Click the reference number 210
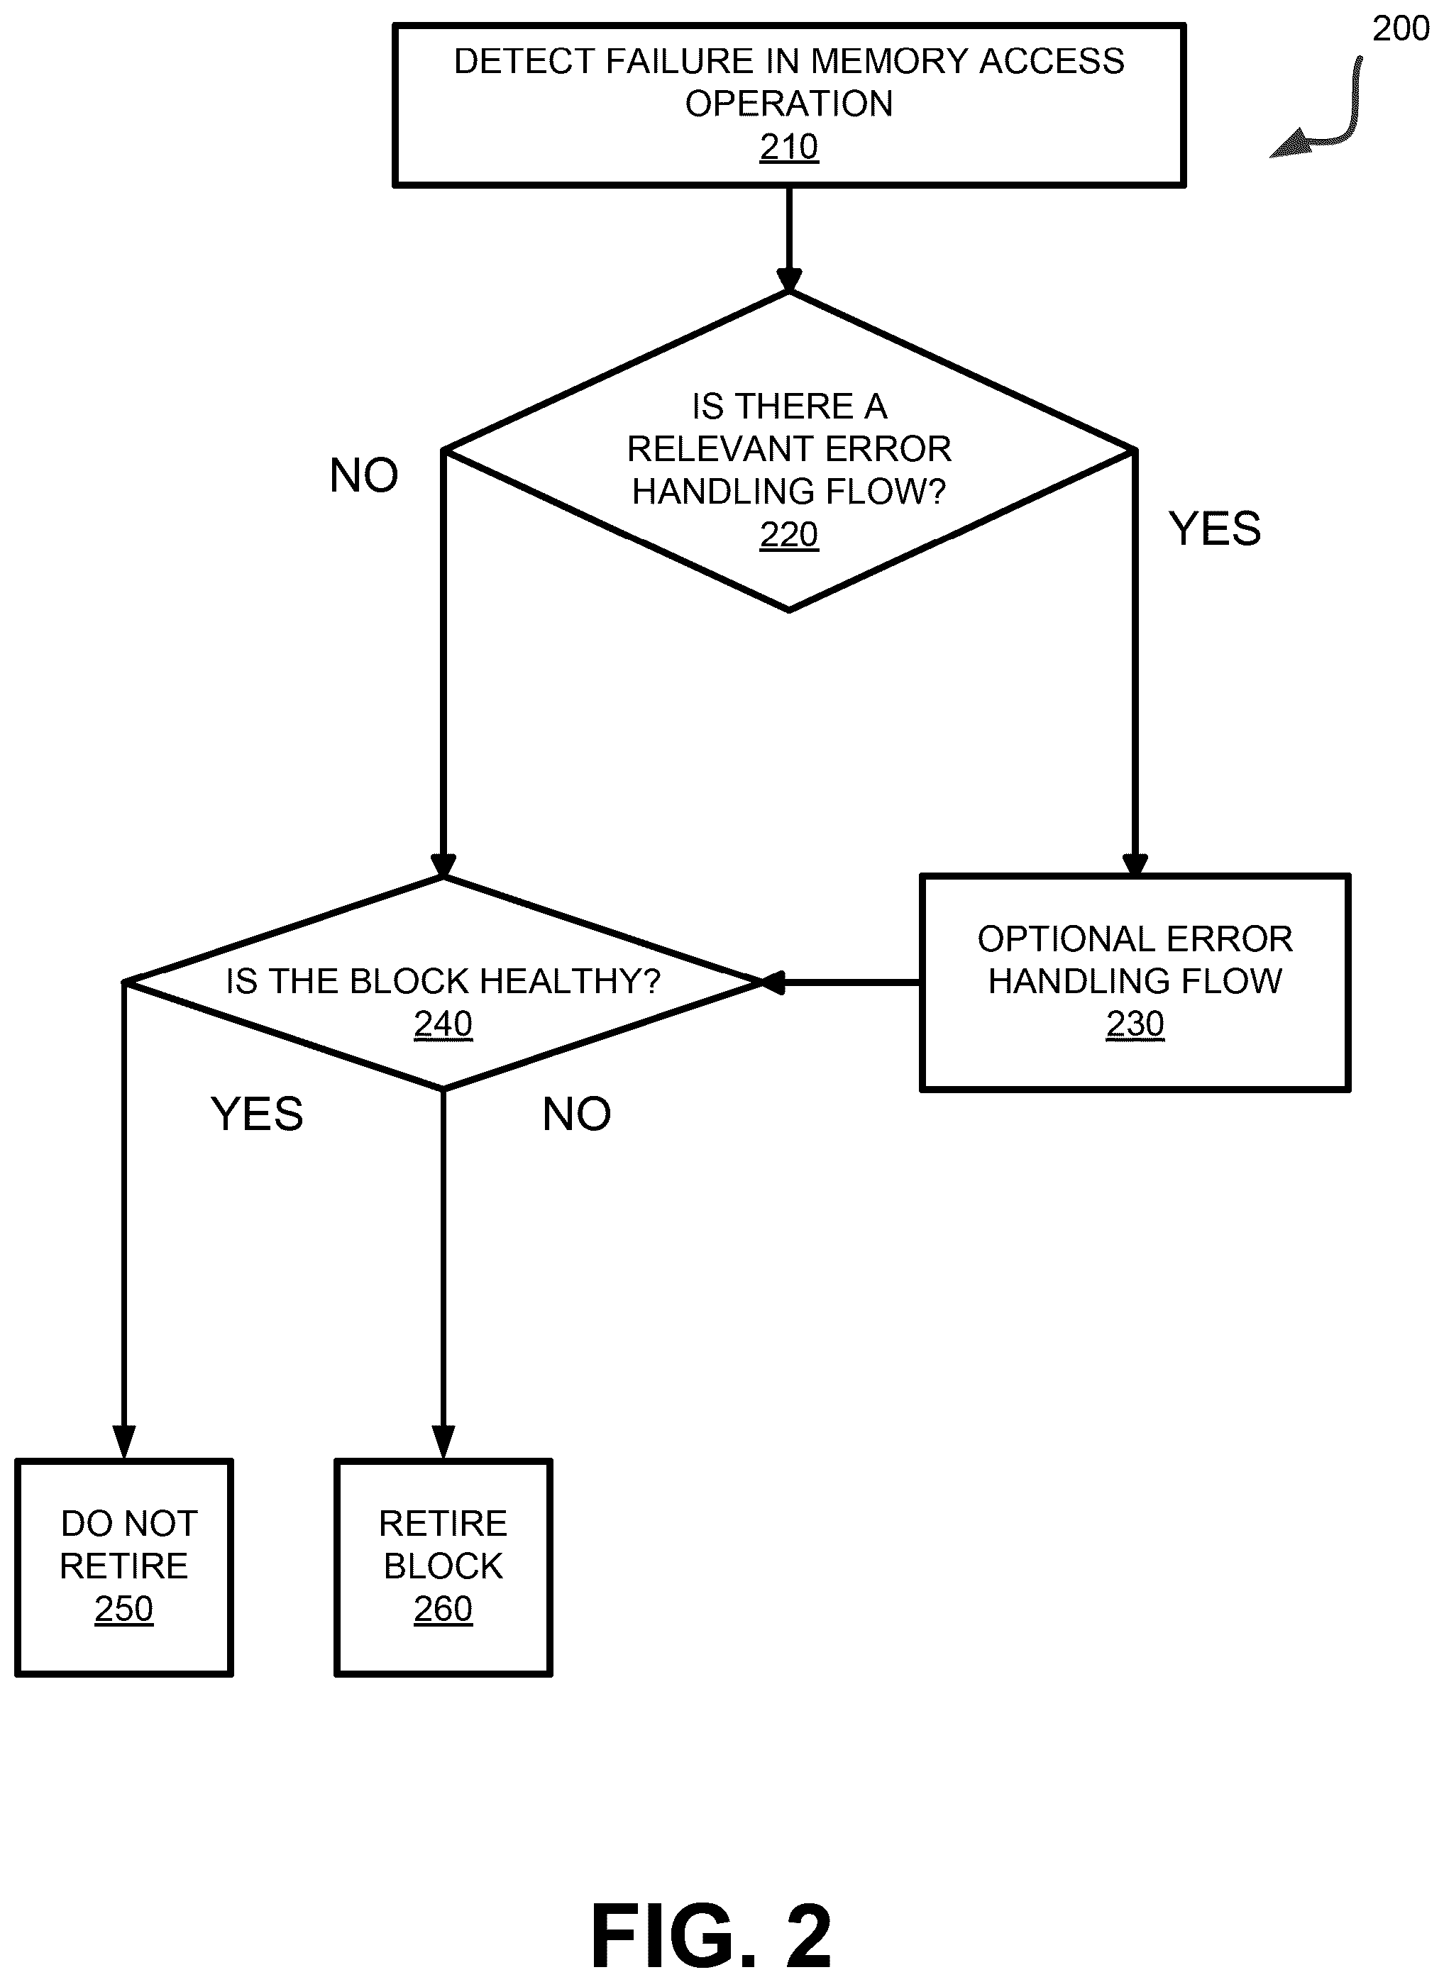click(x=788, y=147)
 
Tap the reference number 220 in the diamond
click(x=788, y=534)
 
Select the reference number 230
click(x=1135, y=1024)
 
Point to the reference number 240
click(x=443, y=1024)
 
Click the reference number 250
click(x=124, y=1608)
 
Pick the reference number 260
click(x=443, y=1608)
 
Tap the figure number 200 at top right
click(x=1400, y=29)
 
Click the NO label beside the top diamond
click(x=363, y=475)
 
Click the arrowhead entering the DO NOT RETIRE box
click(x=124, y=1442)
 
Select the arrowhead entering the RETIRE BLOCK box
click(x=443, y=1442)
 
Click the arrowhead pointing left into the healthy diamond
click(x=773, y=982)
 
